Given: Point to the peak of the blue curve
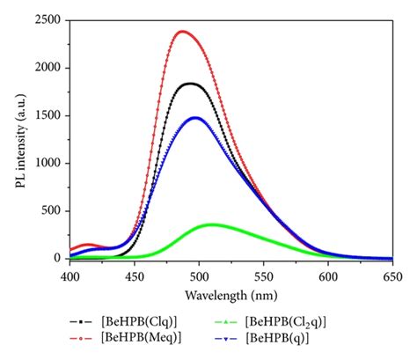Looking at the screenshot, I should click(x=195, y=118).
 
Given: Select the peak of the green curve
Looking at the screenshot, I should click(x=212, y=224).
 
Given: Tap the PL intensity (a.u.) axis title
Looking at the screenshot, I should click(x=19, y=139).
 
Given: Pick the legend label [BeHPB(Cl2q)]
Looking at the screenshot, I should click(x=294, y=320).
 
